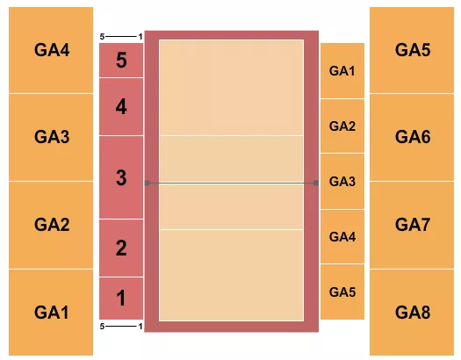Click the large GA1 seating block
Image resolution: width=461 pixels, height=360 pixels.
(52, 312)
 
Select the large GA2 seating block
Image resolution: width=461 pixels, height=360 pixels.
(52, 225)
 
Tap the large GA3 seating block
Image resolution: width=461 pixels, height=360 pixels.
(52, 137)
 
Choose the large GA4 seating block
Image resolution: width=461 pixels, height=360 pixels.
(52, 50)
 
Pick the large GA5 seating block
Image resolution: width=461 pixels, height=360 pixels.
(413, 50)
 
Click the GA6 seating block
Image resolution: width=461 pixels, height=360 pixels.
(413, 137)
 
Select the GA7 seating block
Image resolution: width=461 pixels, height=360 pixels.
(413, 225)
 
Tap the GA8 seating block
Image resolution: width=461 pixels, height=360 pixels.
(413, 312)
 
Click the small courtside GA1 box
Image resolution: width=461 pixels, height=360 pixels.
(342, 70)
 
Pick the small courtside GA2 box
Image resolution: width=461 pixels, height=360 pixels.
(342, 126)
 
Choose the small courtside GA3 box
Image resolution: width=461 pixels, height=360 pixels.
(342, 181)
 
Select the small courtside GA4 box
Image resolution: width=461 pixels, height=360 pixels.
(342, 236)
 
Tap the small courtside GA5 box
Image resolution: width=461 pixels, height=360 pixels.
(342, 292)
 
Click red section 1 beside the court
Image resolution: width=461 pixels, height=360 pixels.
(121, 299)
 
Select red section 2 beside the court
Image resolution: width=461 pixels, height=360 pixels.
(121, 248)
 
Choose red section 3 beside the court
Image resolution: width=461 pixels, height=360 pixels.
(121, 177)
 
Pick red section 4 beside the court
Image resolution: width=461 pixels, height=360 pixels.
(121, 107)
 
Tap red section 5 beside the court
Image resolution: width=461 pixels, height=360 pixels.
(121, 61)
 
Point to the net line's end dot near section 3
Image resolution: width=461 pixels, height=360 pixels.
(148, 184)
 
